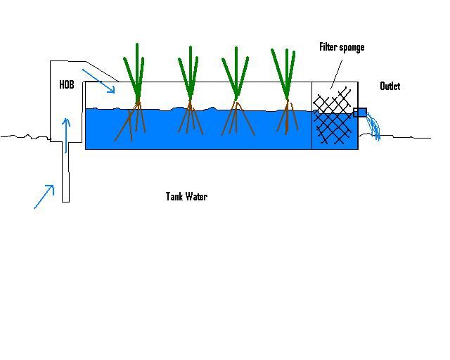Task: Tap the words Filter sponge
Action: tap(342, 47)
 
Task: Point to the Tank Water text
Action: tap(186, 197)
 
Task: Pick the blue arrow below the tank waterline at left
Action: tap(44, 196)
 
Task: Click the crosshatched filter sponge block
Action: tap(335, 120)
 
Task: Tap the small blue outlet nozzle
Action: tap(360, 112)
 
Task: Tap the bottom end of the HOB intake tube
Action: tap(65, 201)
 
